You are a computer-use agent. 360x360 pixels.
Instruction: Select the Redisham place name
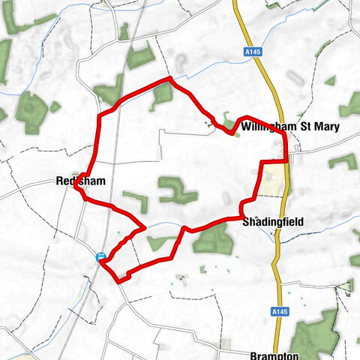pyautogui.click(x=79, y=181)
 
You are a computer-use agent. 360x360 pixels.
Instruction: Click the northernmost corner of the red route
pyautogui.click(x=170, y=78)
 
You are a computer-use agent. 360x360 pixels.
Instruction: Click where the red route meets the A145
pyautogui.click(x=286, y=160)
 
